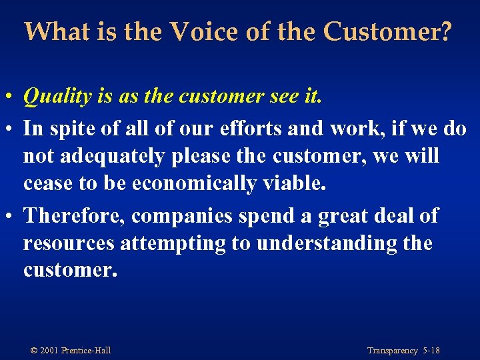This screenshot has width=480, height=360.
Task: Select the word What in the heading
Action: click(54, 31)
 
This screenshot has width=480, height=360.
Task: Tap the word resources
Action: click(69, 244)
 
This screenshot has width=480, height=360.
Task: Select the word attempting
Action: click(173, 244)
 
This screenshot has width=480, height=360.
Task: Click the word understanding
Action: click(327, 244)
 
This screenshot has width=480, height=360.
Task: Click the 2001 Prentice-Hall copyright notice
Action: click(70, 351)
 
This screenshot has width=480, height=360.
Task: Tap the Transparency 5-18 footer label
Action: click(403, 351)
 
